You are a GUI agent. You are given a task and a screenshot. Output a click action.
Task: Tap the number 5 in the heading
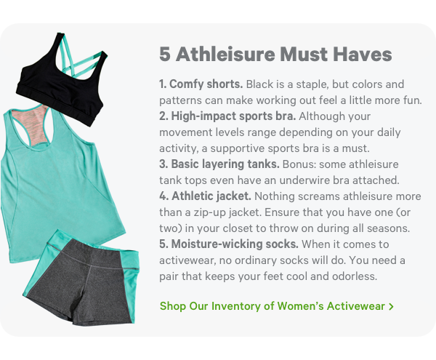tap(165, 55)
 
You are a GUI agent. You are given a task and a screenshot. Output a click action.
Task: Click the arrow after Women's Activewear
tap(392, 307)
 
